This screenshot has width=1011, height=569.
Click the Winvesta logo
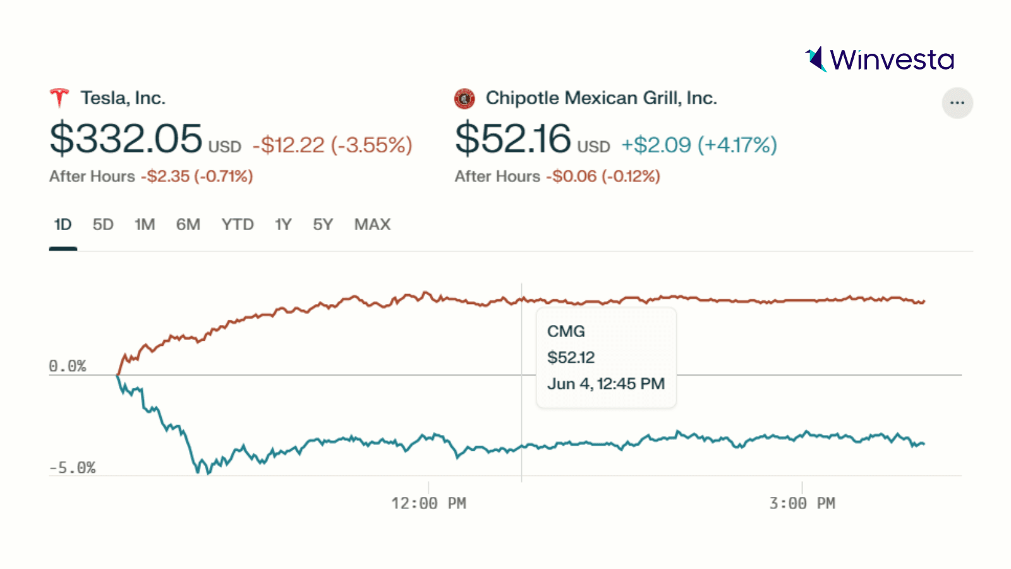coord(880,59)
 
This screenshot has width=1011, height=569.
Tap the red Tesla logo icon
coord(59,98)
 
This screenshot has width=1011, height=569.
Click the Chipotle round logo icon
coord(464,99)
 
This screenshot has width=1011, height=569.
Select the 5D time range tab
coord(103,224)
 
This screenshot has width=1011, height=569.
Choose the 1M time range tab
coord(145,224)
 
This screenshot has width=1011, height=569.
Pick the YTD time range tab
coord(238,224)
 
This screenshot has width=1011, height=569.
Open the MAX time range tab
coord(372,224)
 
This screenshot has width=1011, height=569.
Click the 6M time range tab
coord(188,224)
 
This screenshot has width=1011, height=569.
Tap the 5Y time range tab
coord(323,224)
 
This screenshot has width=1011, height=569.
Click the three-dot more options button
coord(957,102)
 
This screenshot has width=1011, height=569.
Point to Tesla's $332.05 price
coord(126,138)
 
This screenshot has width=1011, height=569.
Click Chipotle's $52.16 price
coord(513,138)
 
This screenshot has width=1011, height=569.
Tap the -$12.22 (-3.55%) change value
coord(332,145)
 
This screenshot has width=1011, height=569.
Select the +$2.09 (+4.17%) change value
coord(699,145)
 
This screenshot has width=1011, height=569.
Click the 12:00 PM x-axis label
coord(428,503)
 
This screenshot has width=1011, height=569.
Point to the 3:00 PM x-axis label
coord(802,503)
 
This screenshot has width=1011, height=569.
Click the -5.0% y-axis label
coord(72,468)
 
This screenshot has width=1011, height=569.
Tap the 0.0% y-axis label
coord(68,366)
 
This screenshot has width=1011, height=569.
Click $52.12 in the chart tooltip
coord(571,358)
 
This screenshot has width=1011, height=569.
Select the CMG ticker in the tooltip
coord(566,331)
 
